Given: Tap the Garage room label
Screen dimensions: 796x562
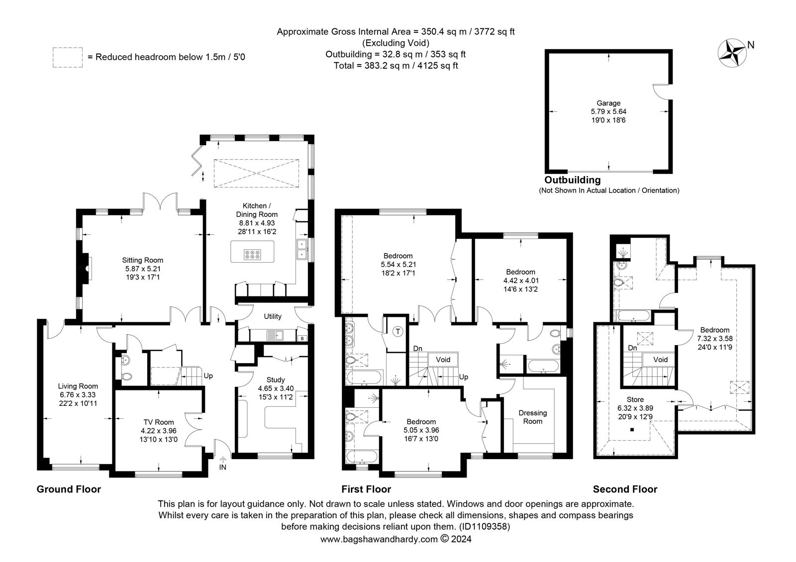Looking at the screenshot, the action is click(x=608, y=103).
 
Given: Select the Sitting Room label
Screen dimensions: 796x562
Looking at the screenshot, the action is click(x=142, y=260).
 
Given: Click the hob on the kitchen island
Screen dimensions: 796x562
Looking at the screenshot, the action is click(x=252, y=254).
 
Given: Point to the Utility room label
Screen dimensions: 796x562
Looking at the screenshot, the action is click(x=273, y=316).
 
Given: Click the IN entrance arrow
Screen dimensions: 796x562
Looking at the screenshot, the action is click(x=223, y=460).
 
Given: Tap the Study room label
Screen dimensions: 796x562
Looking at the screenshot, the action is click(x=276, y=380).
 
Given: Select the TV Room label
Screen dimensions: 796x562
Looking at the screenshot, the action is click(x=159, y=422).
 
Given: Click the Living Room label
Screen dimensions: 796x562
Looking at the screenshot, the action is click(x=78, y=386).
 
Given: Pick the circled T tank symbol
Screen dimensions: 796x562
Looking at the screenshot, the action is click(x=398, y=332).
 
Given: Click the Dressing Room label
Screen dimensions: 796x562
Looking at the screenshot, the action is click(x=533, y=417).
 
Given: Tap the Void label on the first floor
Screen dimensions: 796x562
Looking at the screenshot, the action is click(x=443, y=360).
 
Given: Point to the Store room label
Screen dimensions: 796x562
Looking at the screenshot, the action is click(x=635, y=400).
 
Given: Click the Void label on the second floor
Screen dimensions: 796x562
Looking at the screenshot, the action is click(x=660, y=360).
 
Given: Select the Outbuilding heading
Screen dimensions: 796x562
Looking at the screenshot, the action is click(x=573, y=180).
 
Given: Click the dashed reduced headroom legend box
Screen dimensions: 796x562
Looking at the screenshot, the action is click(x=68, y=57).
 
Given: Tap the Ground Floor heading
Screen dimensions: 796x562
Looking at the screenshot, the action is click(x=69, y=489).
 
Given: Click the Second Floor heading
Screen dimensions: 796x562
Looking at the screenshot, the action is click(x=625, y=489).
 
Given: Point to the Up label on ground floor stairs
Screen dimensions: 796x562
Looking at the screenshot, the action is click(x=208, y=376).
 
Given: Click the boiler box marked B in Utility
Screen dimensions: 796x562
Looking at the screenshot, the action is click(x=302, y=339).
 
